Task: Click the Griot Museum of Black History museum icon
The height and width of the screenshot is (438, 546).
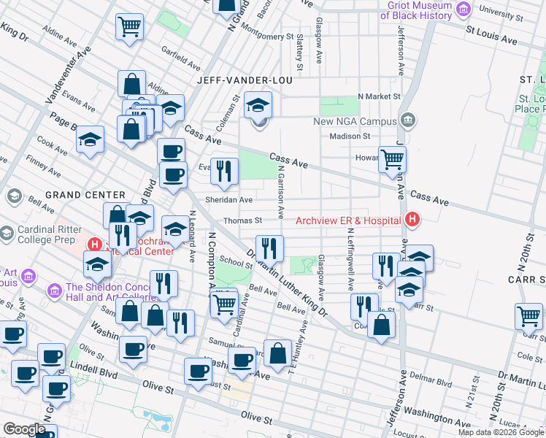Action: (462, 9)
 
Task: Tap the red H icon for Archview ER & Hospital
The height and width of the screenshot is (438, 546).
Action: (412, 219)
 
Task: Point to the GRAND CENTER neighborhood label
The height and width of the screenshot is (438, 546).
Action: (85, 195)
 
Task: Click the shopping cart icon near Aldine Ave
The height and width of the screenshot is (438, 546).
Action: (129, 27)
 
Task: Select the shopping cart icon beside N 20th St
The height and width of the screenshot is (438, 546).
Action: (528, 317)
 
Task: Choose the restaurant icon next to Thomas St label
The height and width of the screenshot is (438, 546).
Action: (269, 249)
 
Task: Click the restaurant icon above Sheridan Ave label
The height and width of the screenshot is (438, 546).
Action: (224, 172)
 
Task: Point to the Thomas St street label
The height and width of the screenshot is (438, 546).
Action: (242, 220)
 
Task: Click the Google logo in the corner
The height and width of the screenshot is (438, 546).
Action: (24, 429)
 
